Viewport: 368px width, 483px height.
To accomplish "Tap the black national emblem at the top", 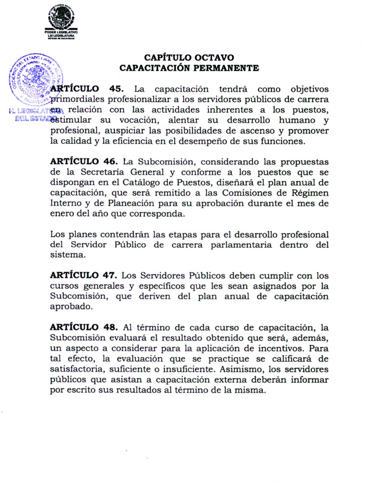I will [x=61, y=17].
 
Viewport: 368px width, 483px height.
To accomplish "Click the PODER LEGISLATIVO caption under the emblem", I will [x=61, y=32].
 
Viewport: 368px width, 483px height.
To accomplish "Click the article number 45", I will [x=116, y=89].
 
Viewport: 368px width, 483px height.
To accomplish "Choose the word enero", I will [x=62, y=214].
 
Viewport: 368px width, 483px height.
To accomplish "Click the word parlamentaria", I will [x=241, y=245].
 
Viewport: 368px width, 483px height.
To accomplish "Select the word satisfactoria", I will [x=76, y=369].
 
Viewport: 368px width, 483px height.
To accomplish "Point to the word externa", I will [x=231, y=380].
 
